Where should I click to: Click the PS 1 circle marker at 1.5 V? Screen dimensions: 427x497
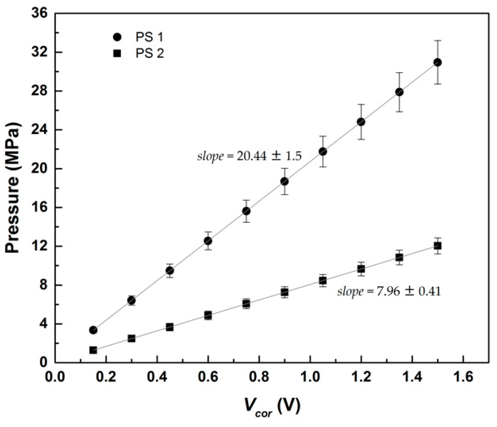coord(437,62)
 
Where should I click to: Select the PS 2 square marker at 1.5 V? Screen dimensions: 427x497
coord(437,246)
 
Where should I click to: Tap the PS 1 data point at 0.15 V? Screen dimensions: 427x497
coord(93,330)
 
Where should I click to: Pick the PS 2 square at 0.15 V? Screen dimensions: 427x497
coord(93,350)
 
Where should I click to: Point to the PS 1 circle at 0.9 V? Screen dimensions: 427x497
coord(284,181)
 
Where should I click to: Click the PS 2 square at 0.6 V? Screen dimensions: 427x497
coord(208,315)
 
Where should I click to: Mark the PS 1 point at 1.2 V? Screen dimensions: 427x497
coord(361,122)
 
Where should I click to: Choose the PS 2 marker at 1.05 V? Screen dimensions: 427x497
coord(323,280)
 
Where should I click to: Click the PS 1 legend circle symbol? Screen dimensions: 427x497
coord(117,37)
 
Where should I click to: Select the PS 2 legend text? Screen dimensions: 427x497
coord(150,53)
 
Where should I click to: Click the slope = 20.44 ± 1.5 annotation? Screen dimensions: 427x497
coord(250,156)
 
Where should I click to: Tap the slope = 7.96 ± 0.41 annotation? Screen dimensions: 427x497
coord(389,291)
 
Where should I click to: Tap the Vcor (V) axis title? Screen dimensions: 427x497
coord(273,408)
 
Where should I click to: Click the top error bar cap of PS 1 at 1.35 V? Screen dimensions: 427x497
coord(399,73)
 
